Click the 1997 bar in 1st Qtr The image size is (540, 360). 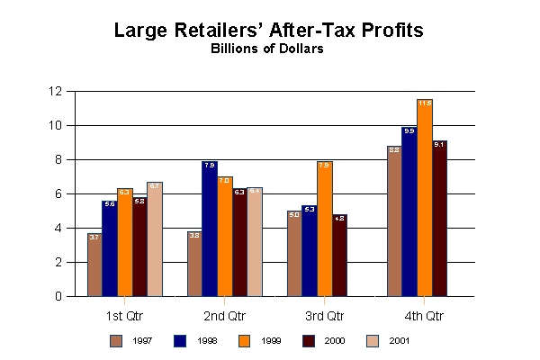pyautogui.click(x=94, y=265)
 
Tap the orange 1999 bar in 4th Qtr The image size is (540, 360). pyautogui.click(x=425, y=198)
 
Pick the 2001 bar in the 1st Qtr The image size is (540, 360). pyautogui.click(x=155, y=239)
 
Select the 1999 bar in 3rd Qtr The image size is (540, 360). pyautogui.click(x=325, y=229)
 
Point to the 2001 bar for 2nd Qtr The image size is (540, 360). pyautogui.click(x=254, y=242)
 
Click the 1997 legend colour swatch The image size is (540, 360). pyautogui.click(x=116, y=340)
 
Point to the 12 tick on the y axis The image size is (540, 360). pyautogui.click(x=56, y=91)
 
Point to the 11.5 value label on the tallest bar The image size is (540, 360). pyautogui.click(x=425, y=103)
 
